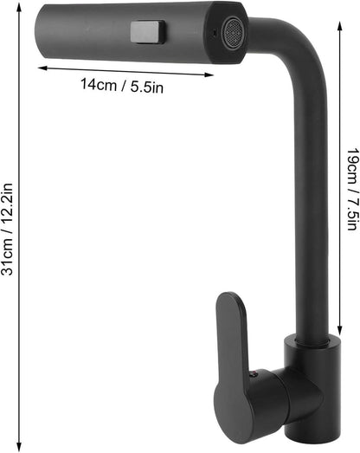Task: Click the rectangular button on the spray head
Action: click(x=148, y=32)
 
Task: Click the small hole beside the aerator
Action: click(x=214, y=32)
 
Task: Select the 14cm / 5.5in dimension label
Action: click(x=121, y=86)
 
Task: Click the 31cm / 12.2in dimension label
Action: click(x=7, y=229)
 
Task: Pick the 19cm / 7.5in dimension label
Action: click(x=353, y=189)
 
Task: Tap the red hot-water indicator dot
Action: click(x=254, y=374)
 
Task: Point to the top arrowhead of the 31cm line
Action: click(x=19, y=7)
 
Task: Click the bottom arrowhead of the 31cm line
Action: click(x=19, y=446)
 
